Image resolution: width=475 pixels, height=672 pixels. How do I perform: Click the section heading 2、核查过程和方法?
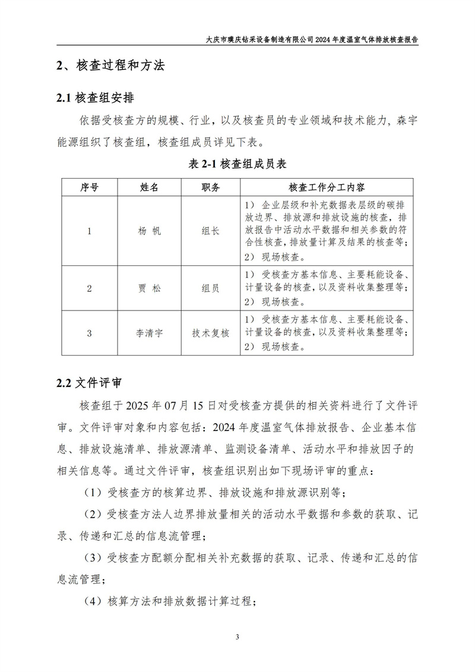point(110,66)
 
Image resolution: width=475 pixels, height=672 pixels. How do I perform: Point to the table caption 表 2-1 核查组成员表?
point(237,164)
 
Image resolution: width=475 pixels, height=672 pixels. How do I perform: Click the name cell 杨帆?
point(149,231)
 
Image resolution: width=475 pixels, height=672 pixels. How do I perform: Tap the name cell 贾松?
point(149,289)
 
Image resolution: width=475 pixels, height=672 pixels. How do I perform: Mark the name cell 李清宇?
point(149,333)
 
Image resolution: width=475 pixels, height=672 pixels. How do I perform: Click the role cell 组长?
point(210,231)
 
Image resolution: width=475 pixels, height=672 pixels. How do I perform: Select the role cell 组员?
point(210,289)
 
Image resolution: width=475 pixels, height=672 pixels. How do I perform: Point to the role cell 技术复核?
point(210,333)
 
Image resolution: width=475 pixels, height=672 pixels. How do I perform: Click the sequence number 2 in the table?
point(89,289)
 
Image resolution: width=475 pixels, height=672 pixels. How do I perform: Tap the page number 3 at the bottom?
point(237,638)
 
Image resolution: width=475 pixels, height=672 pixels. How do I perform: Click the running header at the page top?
point(315,38)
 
